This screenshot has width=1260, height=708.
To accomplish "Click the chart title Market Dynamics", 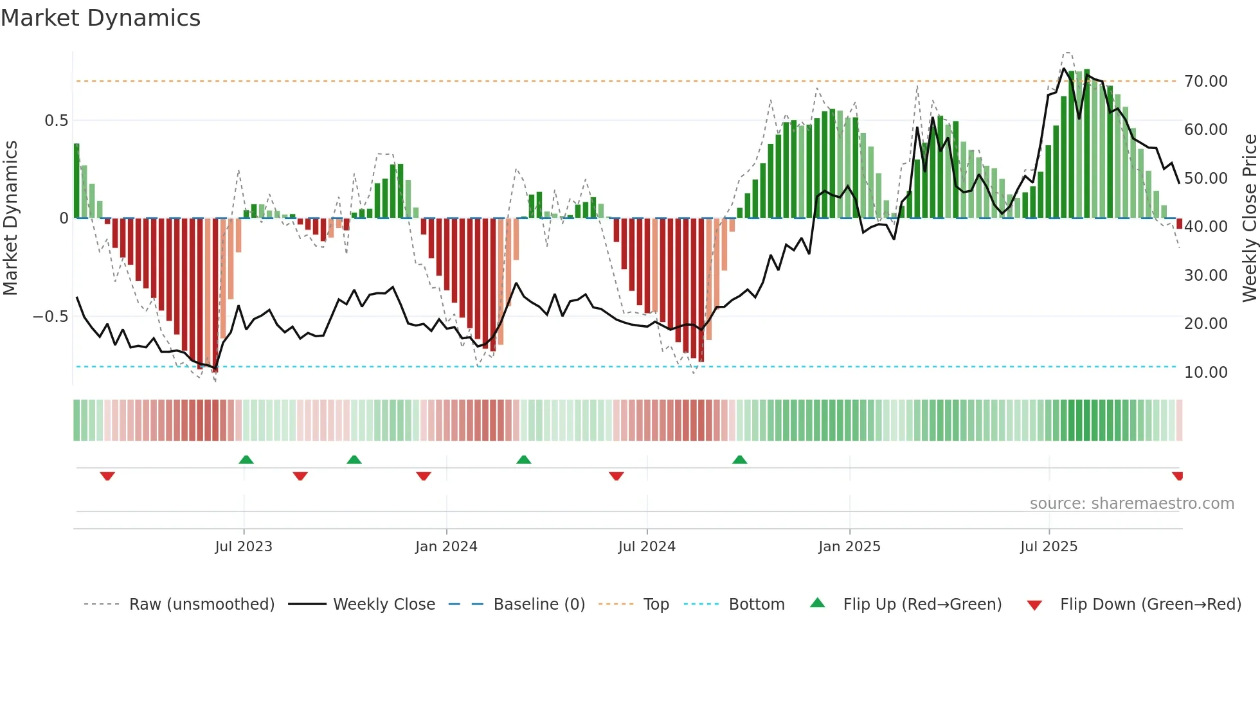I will tap(100, 18).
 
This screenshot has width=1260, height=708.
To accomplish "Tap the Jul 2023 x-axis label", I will tap(244, 547).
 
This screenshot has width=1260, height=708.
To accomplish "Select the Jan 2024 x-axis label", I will tap(446, 547).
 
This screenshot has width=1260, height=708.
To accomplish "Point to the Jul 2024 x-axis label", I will tap(647, 547).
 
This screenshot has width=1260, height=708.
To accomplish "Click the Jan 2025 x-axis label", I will tap(849, 547).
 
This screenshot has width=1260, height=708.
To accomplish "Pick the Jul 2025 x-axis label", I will tap(1048, 547).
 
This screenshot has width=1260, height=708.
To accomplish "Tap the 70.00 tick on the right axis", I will tap(1205, 82).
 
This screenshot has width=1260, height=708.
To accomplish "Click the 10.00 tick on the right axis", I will tap(1205, 373).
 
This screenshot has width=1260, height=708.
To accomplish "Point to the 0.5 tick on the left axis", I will tap(56, 121).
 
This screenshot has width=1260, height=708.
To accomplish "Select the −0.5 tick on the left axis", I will tap(51, 317).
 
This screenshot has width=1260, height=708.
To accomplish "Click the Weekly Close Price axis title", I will tap(1249, 218).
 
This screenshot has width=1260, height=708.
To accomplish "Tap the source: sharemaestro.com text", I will tap(1131, 504).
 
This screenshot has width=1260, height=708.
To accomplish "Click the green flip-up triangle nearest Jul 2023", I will tap(246, 459).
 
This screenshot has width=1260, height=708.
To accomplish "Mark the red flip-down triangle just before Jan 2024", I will tap(423, 476).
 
